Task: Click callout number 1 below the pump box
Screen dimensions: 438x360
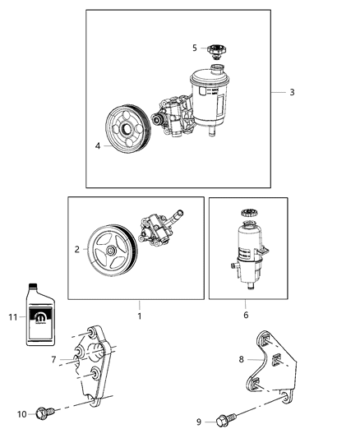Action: [x=139, y=316]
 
